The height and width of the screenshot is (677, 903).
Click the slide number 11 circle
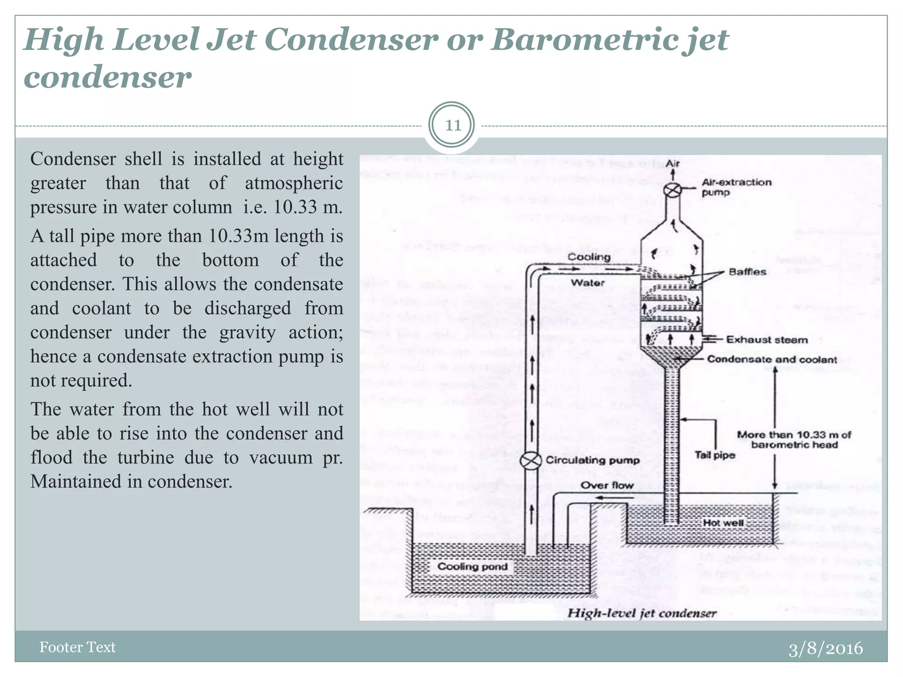coord(452,125)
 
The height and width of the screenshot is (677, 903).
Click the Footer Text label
coord(77,647)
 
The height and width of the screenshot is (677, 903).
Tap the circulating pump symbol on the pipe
coord(530,461)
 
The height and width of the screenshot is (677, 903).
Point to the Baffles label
coord(747,272)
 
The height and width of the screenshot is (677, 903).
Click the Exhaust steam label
coord(767,340)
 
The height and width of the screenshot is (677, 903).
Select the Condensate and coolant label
coord(772,359)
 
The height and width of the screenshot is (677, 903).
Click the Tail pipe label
coord(715,455)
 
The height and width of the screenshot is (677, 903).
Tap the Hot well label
coord(723,523)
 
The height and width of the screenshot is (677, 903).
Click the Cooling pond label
coord(472,566)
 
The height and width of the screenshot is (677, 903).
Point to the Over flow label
coord(607,485)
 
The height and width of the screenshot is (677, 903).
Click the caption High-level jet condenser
coord(642,613)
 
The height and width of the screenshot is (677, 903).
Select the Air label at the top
coord(672,164)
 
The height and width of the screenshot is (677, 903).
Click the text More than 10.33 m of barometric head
coord(794,440)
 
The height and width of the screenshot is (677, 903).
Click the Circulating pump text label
coord(593,460)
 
